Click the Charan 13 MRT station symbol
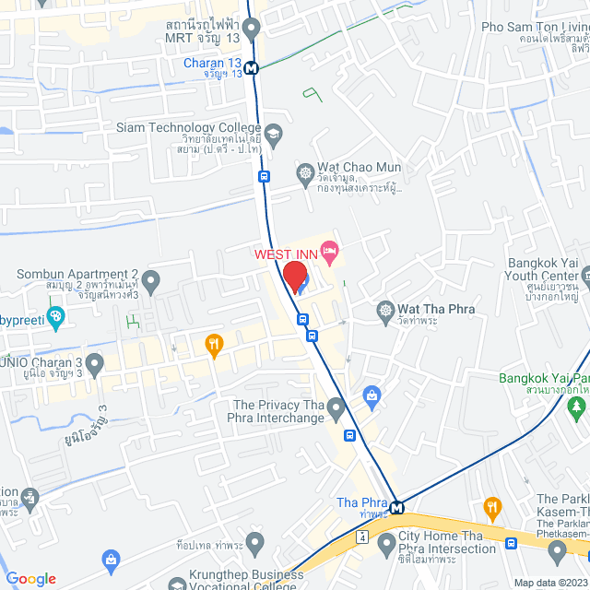tap(252, 66)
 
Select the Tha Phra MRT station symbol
tap(396, 508)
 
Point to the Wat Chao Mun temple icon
tap(305, 173)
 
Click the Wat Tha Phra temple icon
tap(384, 310)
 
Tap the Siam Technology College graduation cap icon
tap(274, 135)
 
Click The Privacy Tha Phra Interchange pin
tap(336, 407)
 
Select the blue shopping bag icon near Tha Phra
tap(372, 397)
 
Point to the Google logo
tap(30, 579)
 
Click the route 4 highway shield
tap(363, 536)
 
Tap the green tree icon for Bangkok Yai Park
tap(577, 405)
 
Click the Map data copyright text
tap(550, 583)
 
